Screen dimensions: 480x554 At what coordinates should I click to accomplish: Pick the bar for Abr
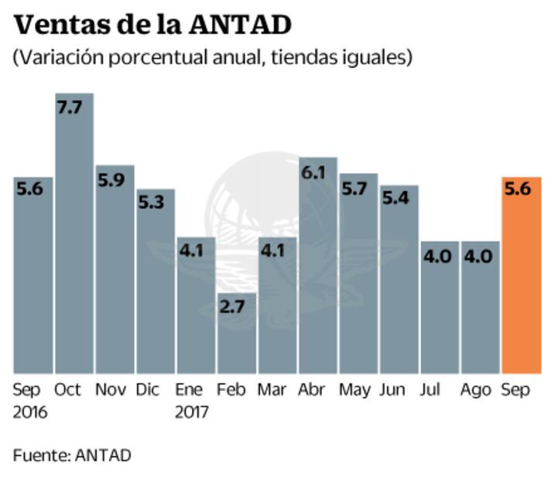317,271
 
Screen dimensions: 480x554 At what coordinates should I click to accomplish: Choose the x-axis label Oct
68,390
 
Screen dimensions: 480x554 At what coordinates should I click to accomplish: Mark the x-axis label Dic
150,390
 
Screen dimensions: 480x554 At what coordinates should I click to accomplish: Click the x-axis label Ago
476,390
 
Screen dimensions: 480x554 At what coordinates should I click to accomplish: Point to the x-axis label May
356,390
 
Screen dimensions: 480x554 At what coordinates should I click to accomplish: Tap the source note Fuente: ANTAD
72,455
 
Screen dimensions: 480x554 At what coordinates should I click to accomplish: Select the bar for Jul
439,310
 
